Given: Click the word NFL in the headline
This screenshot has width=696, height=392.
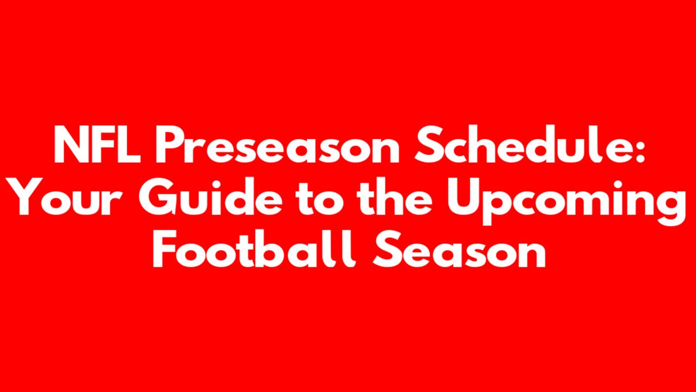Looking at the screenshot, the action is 97,144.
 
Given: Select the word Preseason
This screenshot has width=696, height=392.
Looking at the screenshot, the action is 277,144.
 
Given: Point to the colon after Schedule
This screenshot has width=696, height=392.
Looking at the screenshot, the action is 639,148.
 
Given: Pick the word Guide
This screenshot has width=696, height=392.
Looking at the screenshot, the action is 210,196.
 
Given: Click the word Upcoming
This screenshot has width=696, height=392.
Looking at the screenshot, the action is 567,201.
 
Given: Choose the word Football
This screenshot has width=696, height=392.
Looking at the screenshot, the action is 254,249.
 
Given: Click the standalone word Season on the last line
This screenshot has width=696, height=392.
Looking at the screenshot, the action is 459,249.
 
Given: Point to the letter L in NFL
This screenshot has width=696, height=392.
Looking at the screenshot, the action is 128,144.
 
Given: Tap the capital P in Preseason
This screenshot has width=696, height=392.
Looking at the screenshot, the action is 169,144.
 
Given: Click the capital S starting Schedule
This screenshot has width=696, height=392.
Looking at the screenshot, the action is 430,144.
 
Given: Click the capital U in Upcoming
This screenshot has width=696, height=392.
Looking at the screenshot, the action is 462,197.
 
